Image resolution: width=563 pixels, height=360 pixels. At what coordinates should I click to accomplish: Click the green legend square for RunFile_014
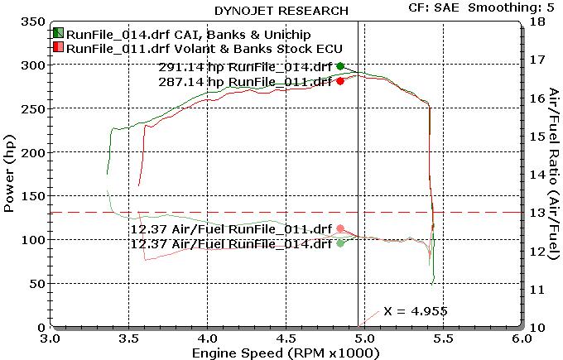[58, 33]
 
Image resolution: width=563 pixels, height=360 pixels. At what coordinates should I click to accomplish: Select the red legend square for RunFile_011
[58, 48]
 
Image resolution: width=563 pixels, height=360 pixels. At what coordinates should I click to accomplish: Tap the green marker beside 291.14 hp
[340, 66]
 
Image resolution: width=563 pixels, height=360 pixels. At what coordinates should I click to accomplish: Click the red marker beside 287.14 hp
[340, 81]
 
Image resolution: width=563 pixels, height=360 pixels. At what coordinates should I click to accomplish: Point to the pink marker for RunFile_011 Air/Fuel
[340, 228]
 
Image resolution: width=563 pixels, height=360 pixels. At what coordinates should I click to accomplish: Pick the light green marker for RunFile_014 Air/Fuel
[340, 243]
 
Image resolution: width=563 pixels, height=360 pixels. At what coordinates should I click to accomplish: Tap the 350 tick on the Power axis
[31, 21]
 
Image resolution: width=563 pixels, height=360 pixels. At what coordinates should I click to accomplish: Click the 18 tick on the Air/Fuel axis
[536, 21]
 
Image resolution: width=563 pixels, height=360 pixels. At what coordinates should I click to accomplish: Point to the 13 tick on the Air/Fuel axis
[536, 213]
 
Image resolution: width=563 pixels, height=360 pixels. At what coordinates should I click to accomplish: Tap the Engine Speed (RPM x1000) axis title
[285, 353]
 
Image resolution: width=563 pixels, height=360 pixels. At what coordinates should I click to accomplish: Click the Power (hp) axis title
[10, 174]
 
